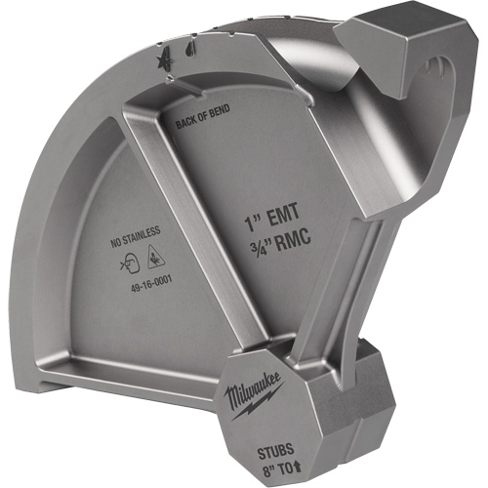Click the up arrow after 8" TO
(x=293, y=468)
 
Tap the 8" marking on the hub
(x=258, y=468)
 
